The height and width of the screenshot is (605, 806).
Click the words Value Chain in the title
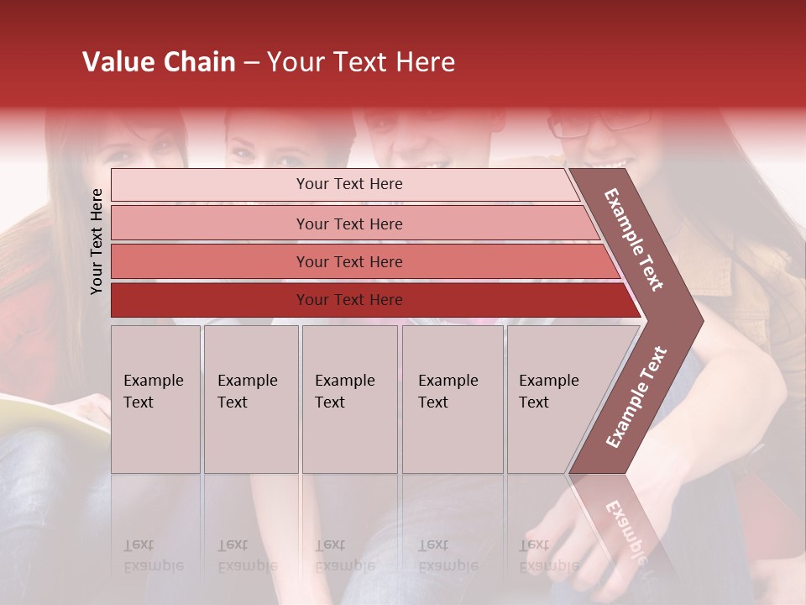(x=159, y=62)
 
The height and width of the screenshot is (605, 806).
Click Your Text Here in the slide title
(x=361, y=62)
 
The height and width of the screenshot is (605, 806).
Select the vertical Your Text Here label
(x=97, y=241)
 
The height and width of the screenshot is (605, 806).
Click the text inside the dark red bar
(x=349, y=300)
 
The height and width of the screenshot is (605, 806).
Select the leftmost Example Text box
(x=155, y=399)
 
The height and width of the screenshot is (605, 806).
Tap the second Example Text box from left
(x=251, y=399)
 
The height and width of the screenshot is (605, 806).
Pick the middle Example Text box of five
(x=349, y=399)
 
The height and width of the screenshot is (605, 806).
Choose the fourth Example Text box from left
(x=453, y=399)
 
